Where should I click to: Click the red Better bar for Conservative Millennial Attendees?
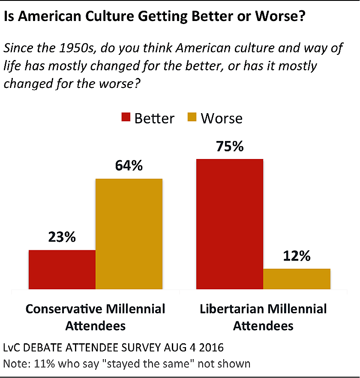pyautogui.click(x=62, y=269)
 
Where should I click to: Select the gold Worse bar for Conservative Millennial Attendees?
pyautogui.click(x=129, y=234)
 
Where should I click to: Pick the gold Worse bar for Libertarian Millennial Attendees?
pyautogui.click(x=297, y=279)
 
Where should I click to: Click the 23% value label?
pyautogui.click(x=62, y=237)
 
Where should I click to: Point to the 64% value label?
pyautogui.click(x=129, y=166)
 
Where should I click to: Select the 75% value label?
pyautogui.click(x=229, y=146)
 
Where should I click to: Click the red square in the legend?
pyautogui.click(x=126, y=118)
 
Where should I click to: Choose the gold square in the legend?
pyautogui.click(x=192, y=118)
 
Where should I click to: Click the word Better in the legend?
pyautogui.click(x=154, y=118)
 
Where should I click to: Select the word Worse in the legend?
pyautogui.click(x=222, y=118)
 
